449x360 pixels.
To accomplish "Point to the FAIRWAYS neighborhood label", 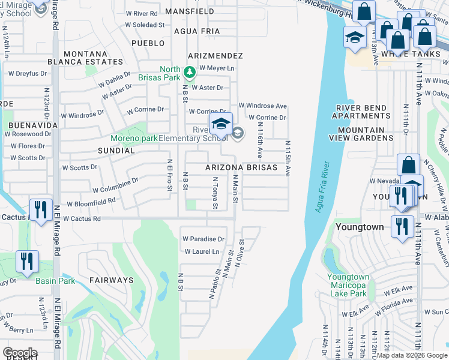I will coord(111,280).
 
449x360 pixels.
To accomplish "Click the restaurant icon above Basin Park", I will coord(27,262).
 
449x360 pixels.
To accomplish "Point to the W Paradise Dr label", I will coord(203,239).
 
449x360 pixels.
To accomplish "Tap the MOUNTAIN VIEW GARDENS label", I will coord(361,134).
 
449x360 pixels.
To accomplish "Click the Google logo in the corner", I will coord(20,353).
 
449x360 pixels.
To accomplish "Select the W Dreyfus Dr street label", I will coord(27,74).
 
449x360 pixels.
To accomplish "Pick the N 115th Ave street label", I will coord(288,158).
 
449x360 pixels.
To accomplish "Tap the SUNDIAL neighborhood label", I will coord(116,151).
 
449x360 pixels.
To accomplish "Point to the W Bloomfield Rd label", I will coord(91,202).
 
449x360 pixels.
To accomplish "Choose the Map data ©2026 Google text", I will coord(412,355).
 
